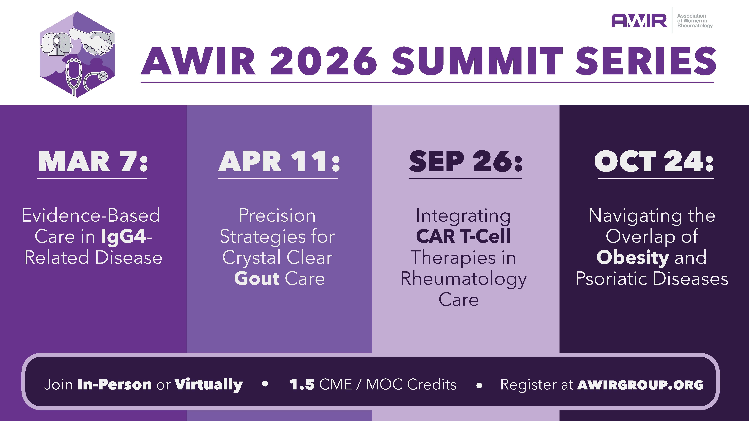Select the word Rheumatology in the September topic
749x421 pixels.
[463, 279]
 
